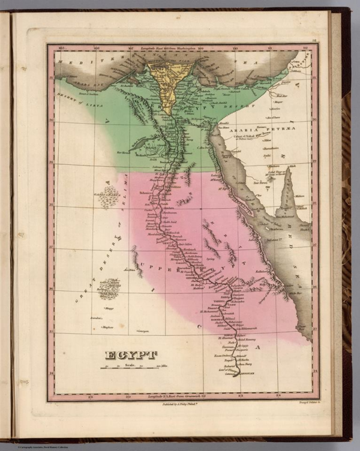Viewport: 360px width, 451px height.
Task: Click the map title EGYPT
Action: click(131, 355)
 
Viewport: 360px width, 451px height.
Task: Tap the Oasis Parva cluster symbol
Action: click(109, 197)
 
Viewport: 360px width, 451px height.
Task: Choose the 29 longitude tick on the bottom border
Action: click(91, 396)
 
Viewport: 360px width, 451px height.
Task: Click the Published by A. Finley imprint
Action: click(180, 405)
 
